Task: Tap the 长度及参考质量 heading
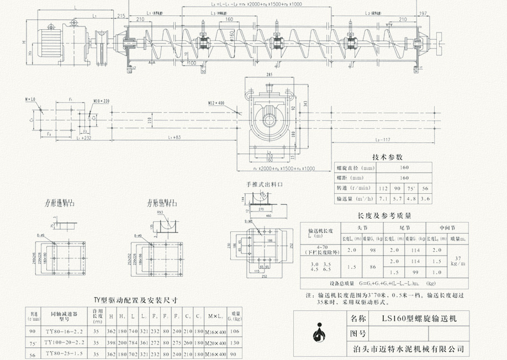tap(384, 216)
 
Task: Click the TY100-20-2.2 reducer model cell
tap(68, 342)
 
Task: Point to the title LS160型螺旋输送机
tap(414, 319)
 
